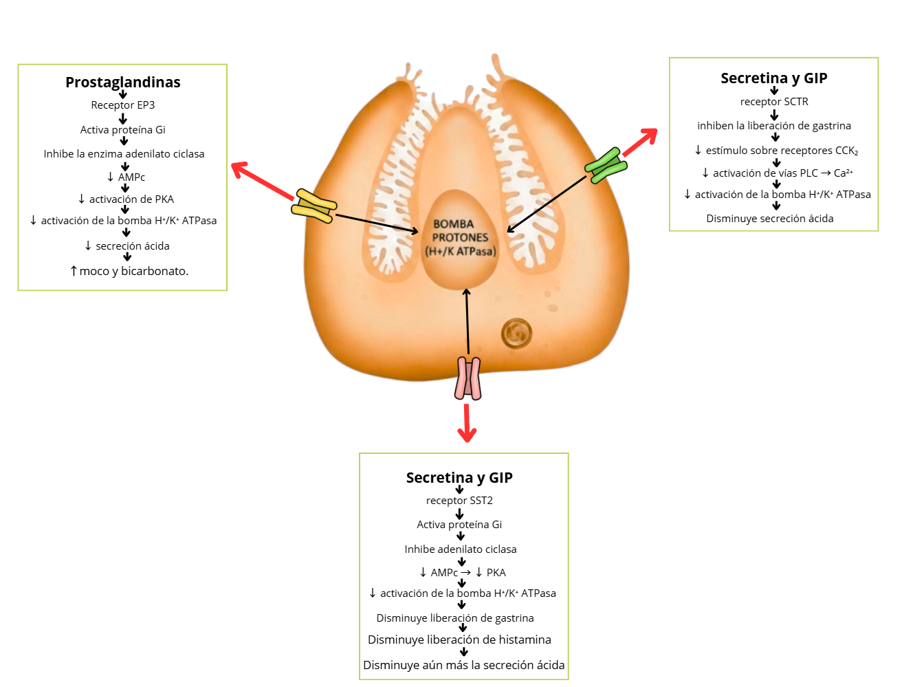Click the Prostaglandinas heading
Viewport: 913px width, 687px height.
(x=122, y=83)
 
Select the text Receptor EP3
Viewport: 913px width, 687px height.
(x=122, y=105)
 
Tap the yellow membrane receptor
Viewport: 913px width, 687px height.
(x=315, y=206)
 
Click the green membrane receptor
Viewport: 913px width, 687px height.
(x=606, y=166)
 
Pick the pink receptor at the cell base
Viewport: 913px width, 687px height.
(x=467, y=378)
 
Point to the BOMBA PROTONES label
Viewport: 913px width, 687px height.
(x=460, y=238)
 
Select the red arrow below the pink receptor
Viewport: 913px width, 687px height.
(x=467, y=422)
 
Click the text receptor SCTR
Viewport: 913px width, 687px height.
(x=773, y=102)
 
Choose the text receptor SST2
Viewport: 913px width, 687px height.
(x=459, y=501)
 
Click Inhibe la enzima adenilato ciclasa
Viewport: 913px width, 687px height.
(x=124, y=154)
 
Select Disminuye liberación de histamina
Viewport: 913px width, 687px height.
(x=459, y=640)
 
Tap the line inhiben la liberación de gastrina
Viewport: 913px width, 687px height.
(x=773, y=126)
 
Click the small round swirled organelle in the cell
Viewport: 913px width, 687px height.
(x=516, y=334)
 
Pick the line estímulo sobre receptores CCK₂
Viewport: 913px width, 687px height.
(x=776, y=151)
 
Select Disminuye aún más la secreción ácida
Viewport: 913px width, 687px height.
(x=463, y=665)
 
